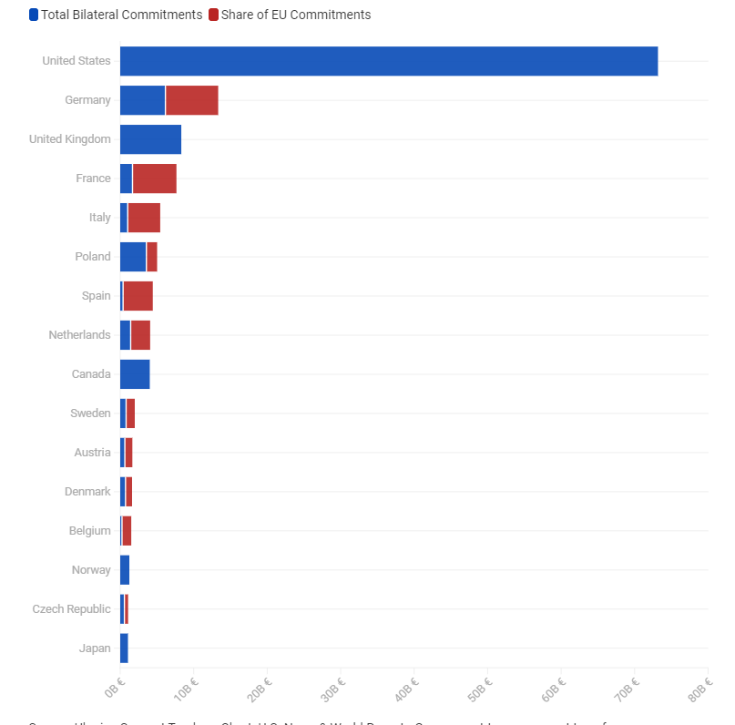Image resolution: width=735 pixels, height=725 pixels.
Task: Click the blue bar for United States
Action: pyautogui.click(x=388, y=61)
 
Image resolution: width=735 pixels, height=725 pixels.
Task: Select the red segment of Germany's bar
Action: pyautogui.click(x=191, y=100)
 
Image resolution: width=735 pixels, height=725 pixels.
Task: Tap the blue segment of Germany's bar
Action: pyautogui.click(x=142, y=100)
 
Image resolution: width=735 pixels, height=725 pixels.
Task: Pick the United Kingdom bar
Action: pyautogui.click(x=150, y=139)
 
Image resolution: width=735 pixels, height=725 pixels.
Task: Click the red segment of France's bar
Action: pyautogui.click(x=154, y=179)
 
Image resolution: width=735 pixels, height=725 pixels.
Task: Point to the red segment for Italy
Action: pyautogui.click(x=144, y=218)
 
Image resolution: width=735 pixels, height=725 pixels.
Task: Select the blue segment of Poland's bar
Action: pyautogui.click(x=133, y=257)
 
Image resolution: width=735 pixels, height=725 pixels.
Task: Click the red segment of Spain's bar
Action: pyautogui.click(x=138, y=296)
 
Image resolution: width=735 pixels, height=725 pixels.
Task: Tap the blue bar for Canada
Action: pyautogui.click(x=135, y=374)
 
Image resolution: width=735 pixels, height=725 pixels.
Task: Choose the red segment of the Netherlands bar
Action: pyautogui.click(x=140, y=335)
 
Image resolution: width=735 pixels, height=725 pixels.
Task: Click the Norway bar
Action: pyautogui.click(x=125, y=570)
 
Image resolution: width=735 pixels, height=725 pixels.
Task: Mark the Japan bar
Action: pyautogui.click(x=124, y=648)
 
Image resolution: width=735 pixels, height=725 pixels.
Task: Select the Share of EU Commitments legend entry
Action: pyautogui.click(x=290, y=15)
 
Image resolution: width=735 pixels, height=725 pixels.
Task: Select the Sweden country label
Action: pyautogui.click(x=90, y=414)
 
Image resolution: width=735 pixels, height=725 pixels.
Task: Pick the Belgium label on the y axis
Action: pyautogui.click(x=89, y=531)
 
